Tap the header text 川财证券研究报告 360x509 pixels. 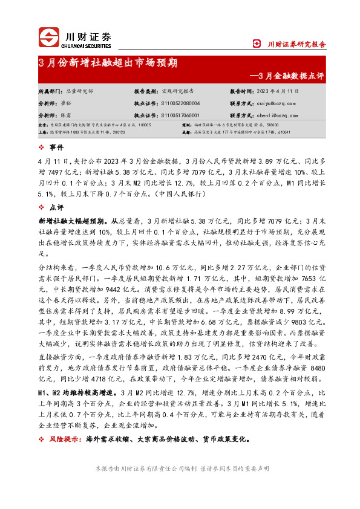[296, 44]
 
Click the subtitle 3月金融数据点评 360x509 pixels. [287, 76]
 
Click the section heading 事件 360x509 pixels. [57, 148]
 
